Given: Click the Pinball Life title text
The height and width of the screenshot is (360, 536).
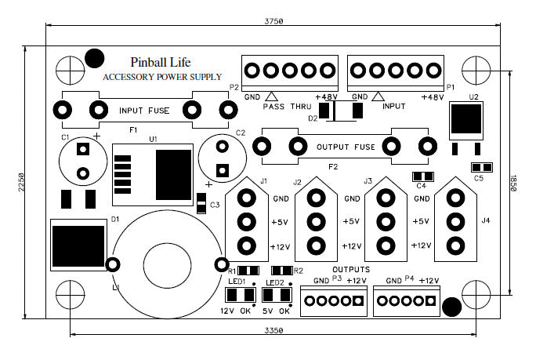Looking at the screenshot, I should click(x=160, y=61).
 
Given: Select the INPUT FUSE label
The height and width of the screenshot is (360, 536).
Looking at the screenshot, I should click(x=142, y=110).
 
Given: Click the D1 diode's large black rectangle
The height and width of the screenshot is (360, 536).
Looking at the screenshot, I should click(x=78, y=247).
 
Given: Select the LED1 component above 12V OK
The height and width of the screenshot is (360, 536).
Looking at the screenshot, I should click(x=240, y=295).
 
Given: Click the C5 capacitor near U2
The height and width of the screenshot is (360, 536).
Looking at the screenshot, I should click(x=482, y=167).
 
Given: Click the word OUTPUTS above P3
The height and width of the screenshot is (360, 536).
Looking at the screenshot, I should click(x=334, y=269).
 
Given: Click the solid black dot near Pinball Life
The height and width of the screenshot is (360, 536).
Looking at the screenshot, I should click(x=94, y=56).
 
